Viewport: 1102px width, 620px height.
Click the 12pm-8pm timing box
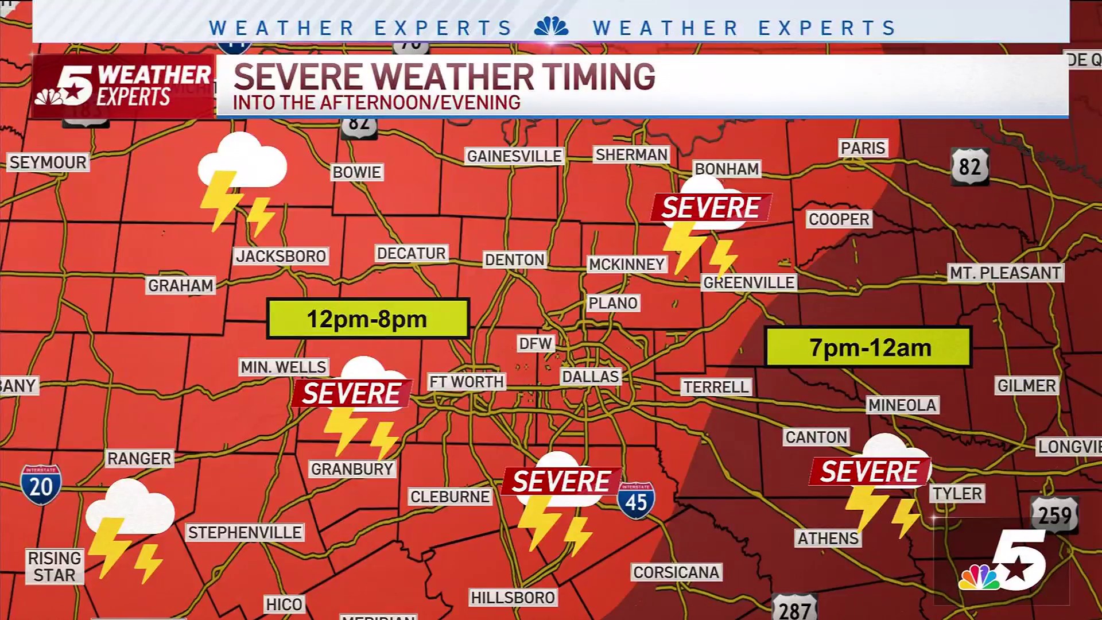click(x=367, y=319)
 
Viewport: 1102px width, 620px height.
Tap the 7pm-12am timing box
click(x=868, y=347)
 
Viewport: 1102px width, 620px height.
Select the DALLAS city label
click(x=590, y=377)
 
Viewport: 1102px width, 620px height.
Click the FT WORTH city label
click(x=466, y=382)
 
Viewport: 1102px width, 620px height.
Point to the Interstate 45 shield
click(x=636, y=501)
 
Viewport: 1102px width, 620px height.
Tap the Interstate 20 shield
click(x=41, y=485)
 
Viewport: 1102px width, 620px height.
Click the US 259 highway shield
click(x=1054, y=514)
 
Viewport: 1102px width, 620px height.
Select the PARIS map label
click(x=863, y=148)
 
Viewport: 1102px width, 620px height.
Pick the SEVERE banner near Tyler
click(x=869, y=472)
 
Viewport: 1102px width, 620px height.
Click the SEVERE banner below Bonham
click(x=711, y=207)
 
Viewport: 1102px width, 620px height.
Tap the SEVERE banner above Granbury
click(x=351, y=394)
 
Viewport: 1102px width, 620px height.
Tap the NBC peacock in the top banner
click(x=551, y=26)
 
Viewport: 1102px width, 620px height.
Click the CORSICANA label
click(x=676, y=572)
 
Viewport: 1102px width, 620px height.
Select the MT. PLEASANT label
click(x=1005, y=273)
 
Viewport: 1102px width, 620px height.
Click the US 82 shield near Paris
click(x=969, y=166)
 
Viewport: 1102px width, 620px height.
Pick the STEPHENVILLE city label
click(x=245, y=533)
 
